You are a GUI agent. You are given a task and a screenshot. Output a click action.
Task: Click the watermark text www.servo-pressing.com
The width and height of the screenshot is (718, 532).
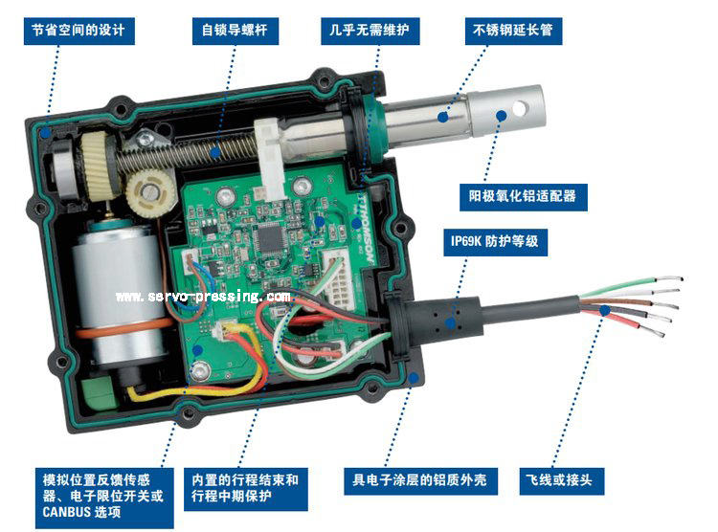[203, 297]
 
